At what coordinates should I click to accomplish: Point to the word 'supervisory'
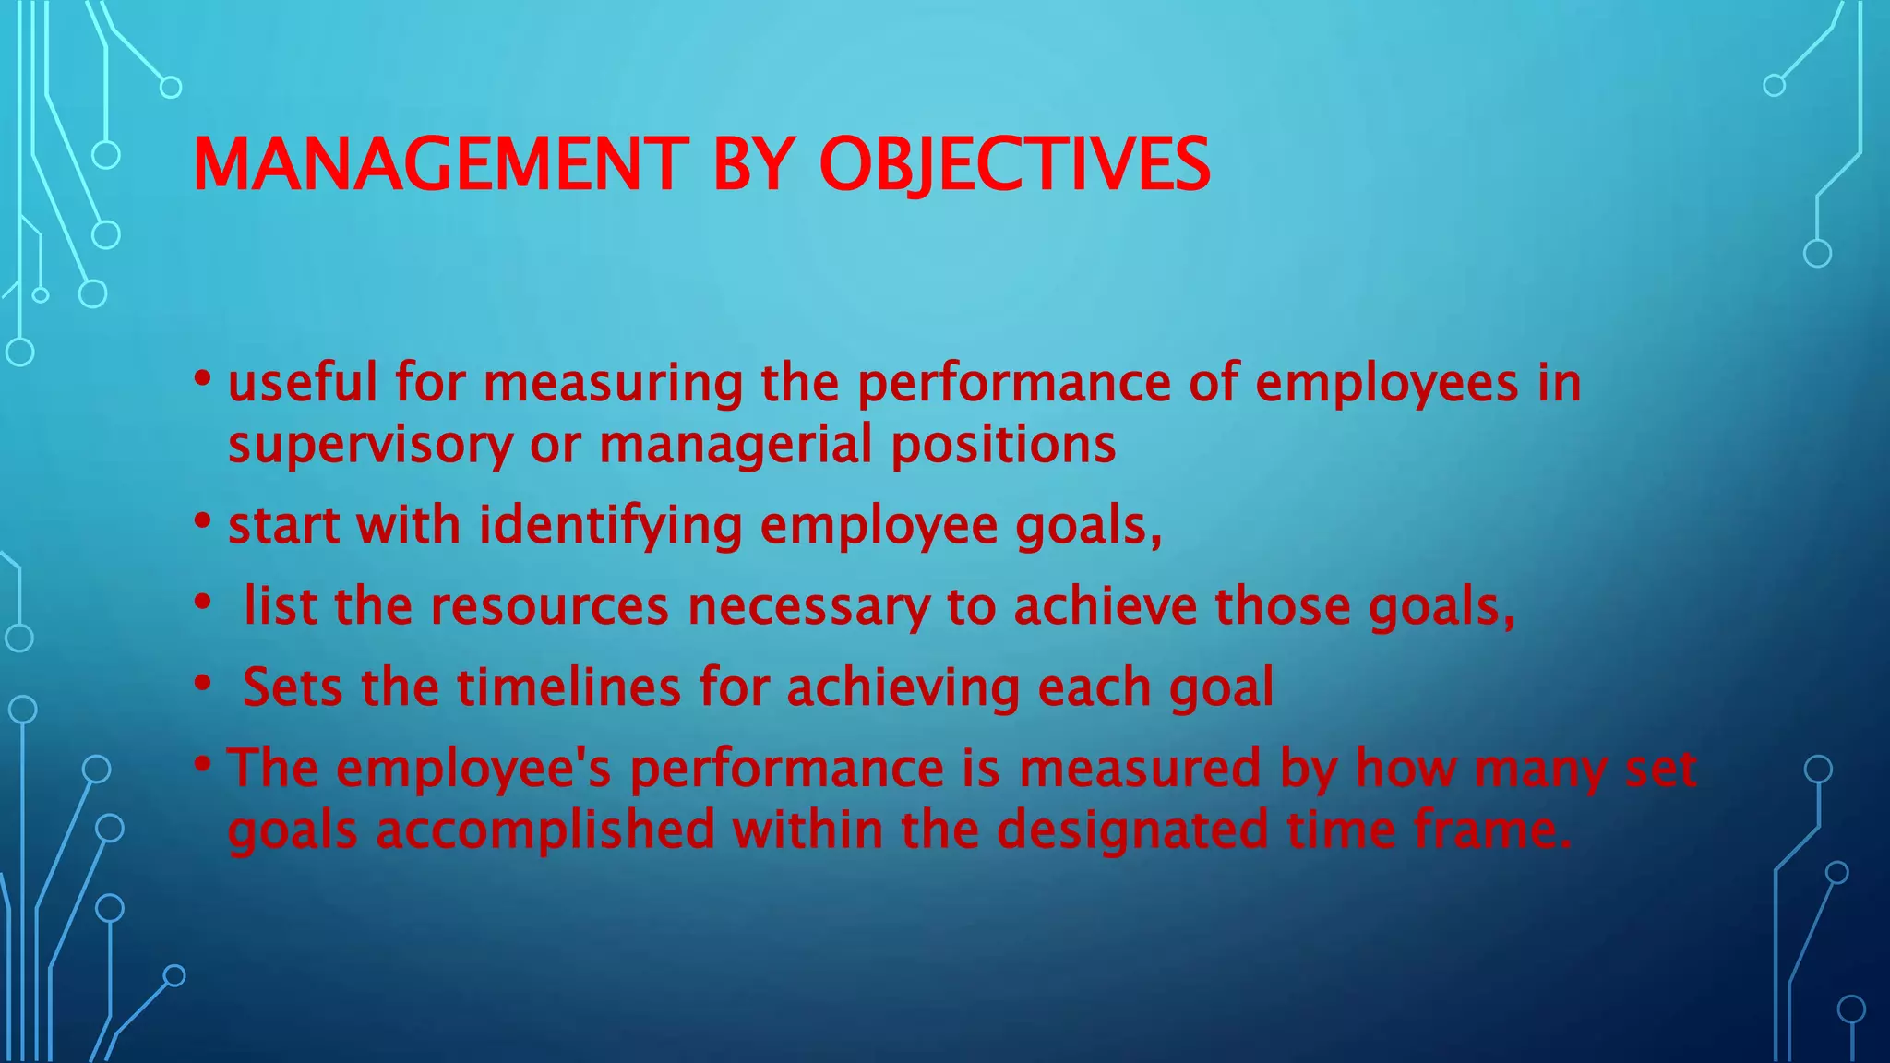click(x=369, y=445)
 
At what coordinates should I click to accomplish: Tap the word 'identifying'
click(x=610, y=526)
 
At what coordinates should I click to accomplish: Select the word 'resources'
click(x=549, y=606)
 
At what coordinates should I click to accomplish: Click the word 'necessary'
click(x=808, y=608)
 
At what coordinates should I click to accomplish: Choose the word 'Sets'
click(x=293, y=687)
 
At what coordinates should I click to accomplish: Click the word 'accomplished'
click(x=544, y=830)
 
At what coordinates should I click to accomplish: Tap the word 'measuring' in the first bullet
click(x=613, y=384)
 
